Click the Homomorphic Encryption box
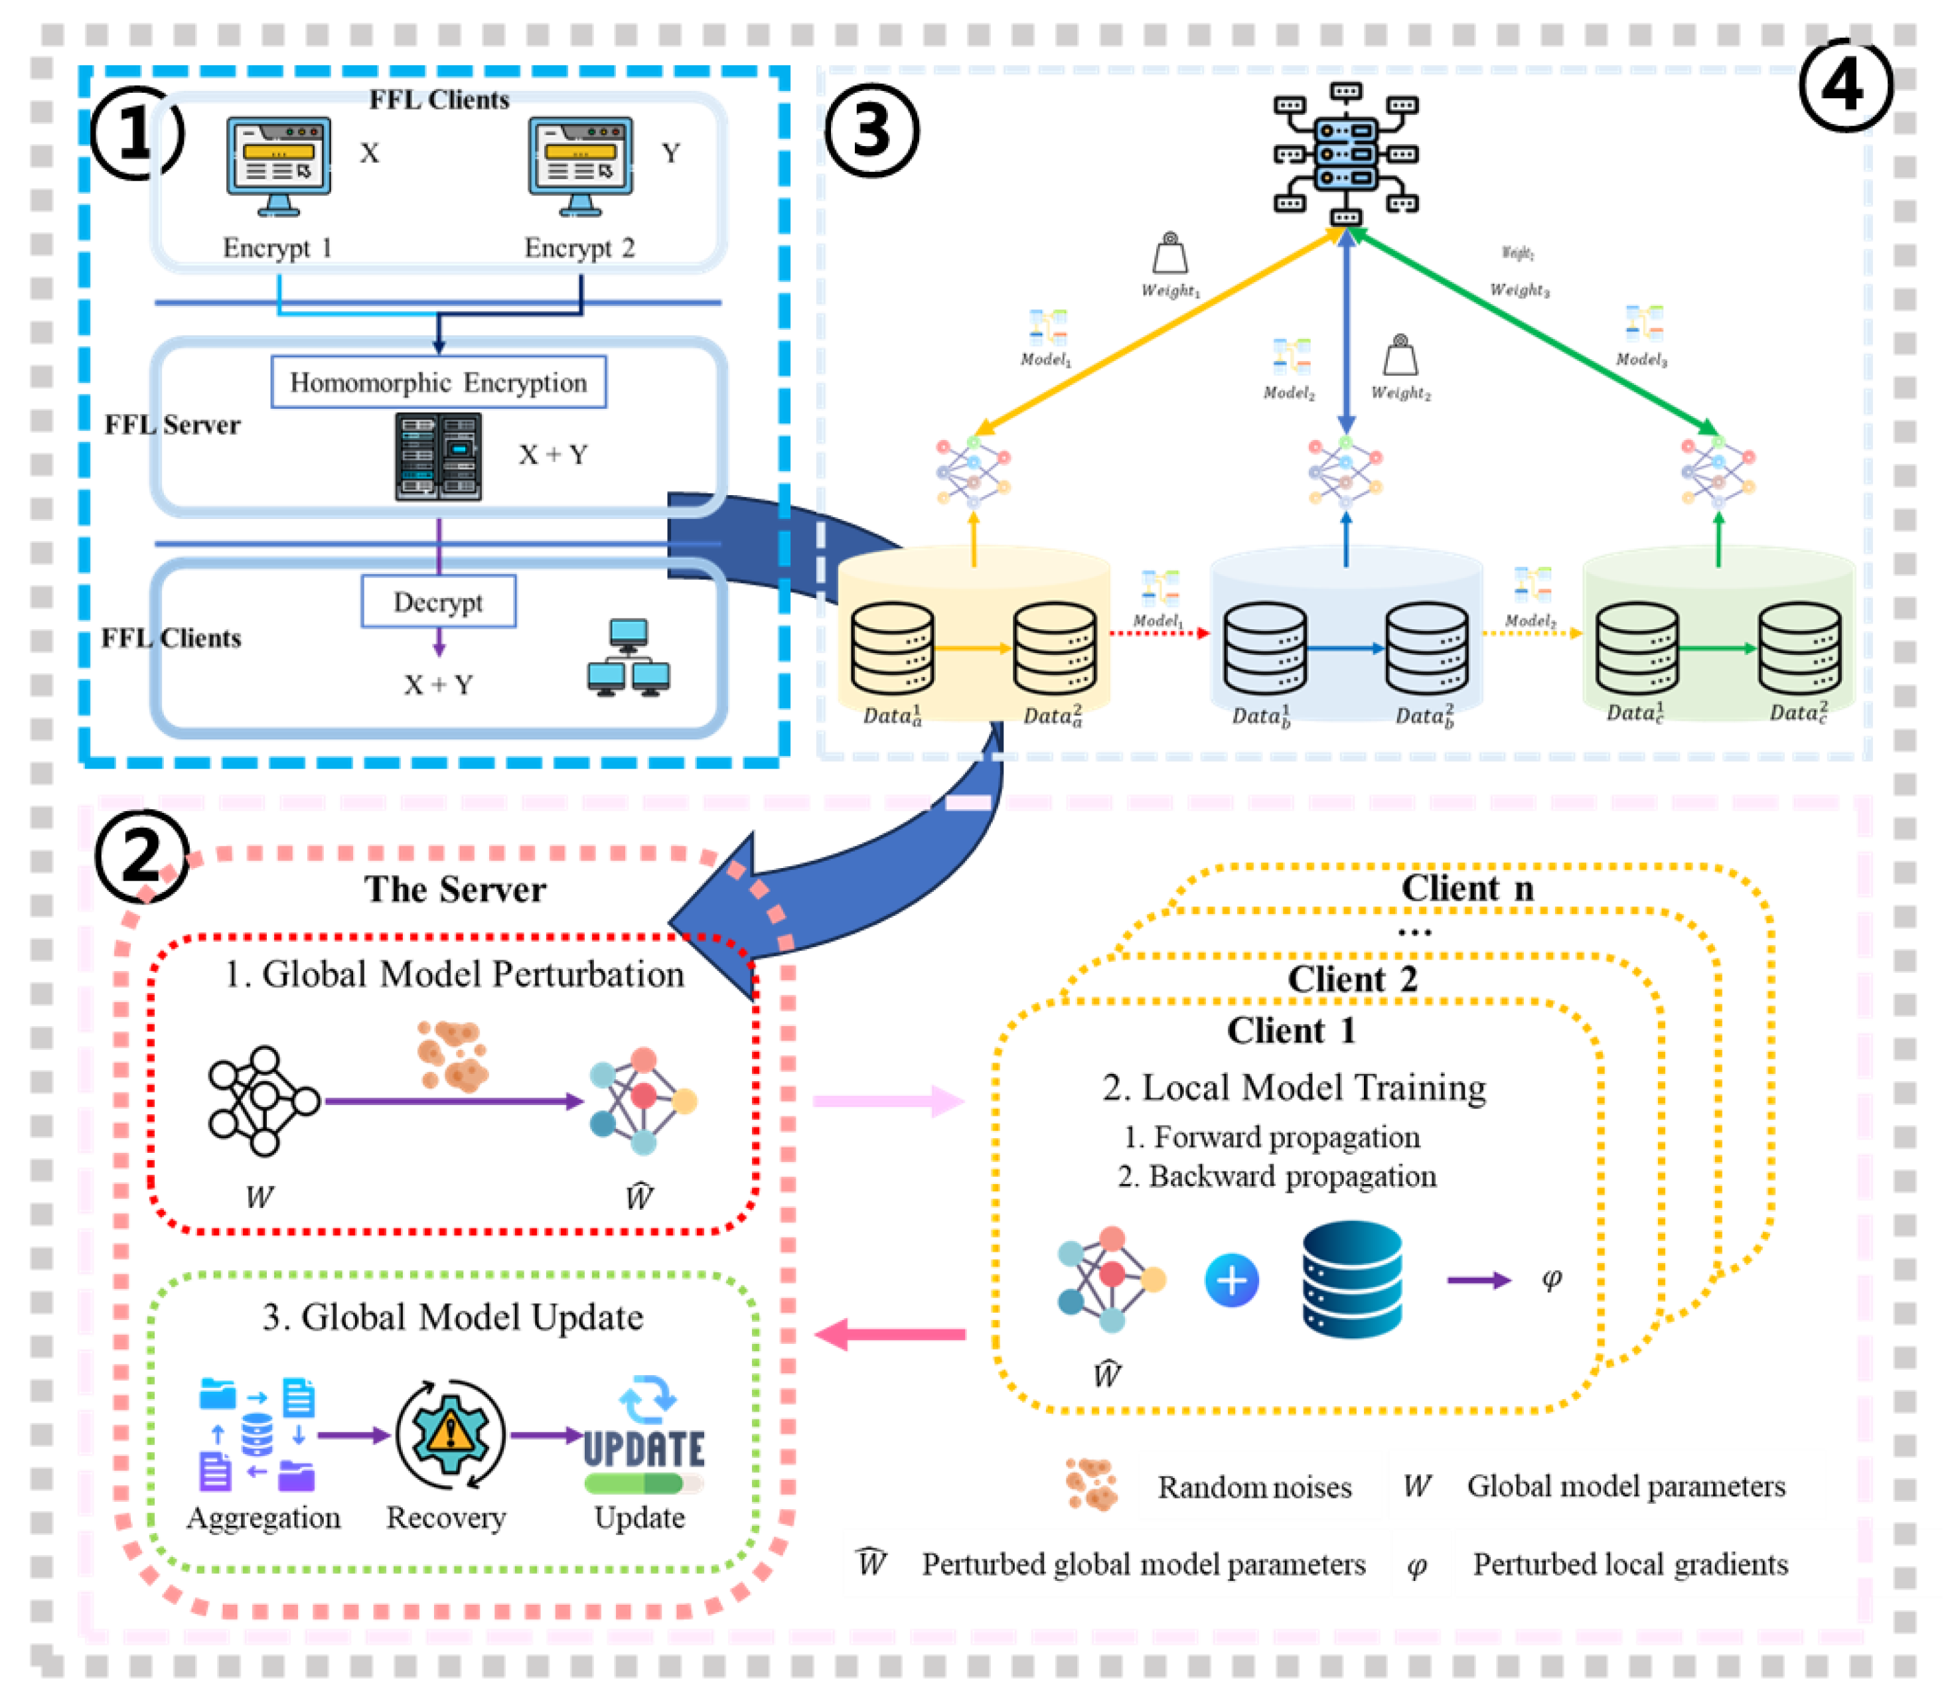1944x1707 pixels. click(439, 382)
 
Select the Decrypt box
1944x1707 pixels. click(439, 601)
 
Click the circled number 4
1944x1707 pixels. click(1845, 86)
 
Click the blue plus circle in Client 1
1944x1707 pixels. click(1232, 1280)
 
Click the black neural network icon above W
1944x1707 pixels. click(263, 1100)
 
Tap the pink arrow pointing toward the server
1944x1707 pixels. click(889, 1334)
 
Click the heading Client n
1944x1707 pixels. click(1467, 888)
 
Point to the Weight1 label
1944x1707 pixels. click(1170, 290)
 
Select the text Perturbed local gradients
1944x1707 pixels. click(1629, 1564)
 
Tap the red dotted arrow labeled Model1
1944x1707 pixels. click(1158, 633)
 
